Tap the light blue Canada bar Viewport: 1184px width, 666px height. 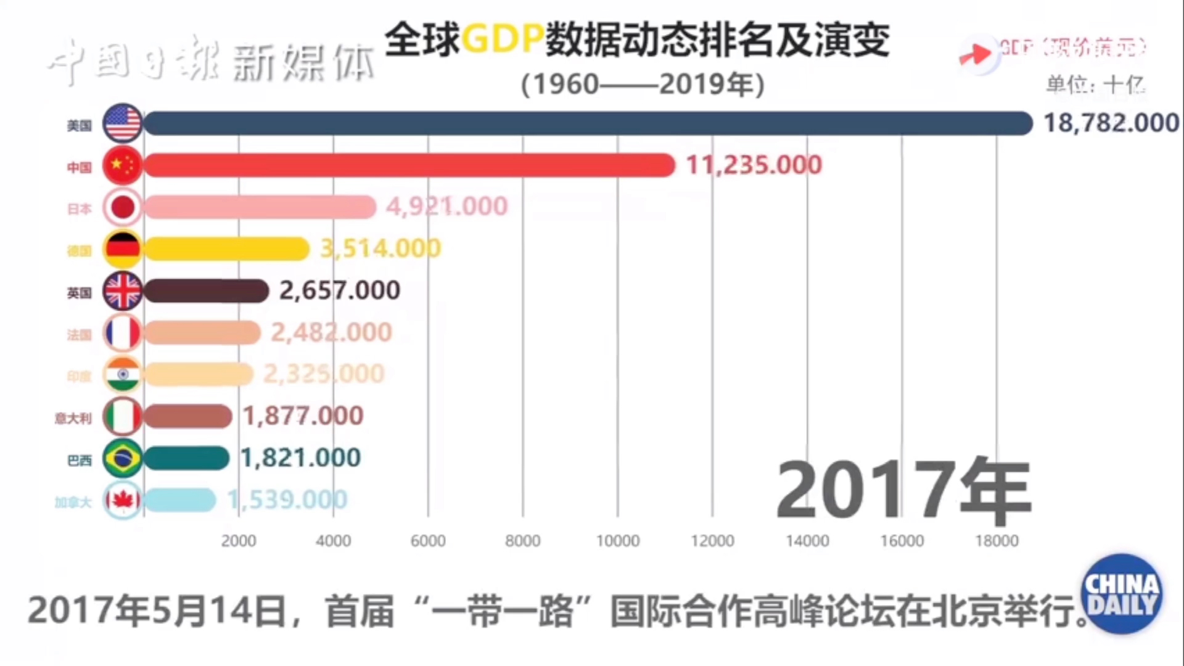[180, 500]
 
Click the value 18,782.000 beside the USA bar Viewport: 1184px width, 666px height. [1111, 123]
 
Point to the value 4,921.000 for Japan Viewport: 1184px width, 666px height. [446, 207]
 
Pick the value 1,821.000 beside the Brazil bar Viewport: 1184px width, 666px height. [300, 458]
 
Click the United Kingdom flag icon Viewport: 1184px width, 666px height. [123, 290]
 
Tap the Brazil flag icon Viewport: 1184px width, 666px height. [123, 458]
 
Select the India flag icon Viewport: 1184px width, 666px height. [123, 374]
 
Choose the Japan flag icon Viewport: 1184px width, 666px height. [123, 207]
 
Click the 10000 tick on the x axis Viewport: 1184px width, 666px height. [617, 541]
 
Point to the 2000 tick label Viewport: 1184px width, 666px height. [239, 541]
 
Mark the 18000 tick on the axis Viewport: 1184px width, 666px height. [997, 541]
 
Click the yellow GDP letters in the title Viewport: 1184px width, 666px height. [503, 39]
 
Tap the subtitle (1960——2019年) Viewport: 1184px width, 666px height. [643, 84]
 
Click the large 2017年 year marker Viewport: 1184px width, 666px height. [903, 490]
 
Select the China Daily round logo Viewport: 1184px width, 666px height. [1122, 593]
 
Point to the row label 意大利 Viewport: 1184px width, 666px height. [73, 419]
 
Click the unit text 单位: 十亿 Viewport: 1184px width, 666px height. [1095, 84]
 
